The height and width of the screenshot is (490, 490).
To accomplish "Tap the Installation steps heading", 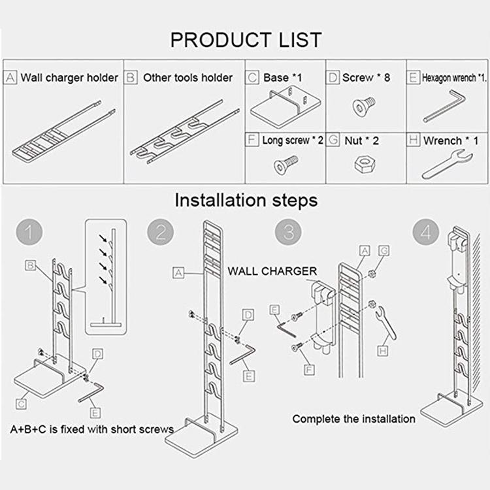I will click(x=246, y=200).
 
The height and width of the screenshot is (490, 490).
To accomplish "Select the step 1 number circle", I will click(x=29, y=233).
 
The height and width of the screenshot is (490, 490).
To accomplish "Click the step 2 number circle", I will click(x=161, y=233).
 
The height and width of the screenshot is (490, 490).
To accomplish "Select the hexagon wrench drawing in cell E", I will click(x=444, y=108).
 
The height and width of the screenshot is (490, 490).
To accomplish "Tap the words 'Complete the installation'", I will click(x=353, y=419).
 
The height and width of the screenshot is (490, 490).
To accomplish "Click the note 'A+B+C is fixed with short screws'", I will click(x=91, y=429).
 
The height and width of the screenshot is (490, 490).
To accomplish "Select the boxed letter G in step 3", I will click(x=384, y=250).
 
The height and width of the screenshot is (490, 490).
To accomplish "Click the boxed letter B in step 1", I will click(x=30, y=265).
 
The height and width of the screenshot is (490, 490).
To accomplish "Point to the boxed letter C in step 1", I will click(x=22, y=404).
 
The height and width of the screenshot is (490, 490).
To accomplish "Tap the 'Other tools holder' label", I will click(x=188, y=78).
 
